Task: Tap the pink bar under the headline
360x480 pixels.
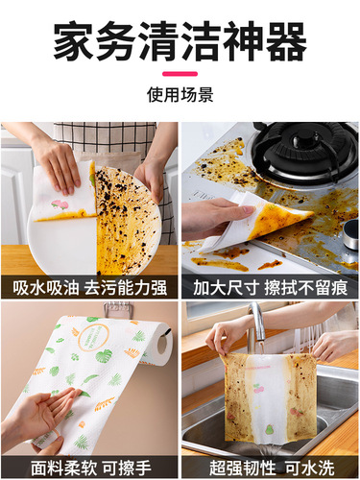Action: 180,73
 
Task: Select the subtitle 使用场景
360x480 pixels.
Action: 180,95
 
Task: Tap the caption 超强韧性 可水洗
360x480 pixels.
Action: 270,467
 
